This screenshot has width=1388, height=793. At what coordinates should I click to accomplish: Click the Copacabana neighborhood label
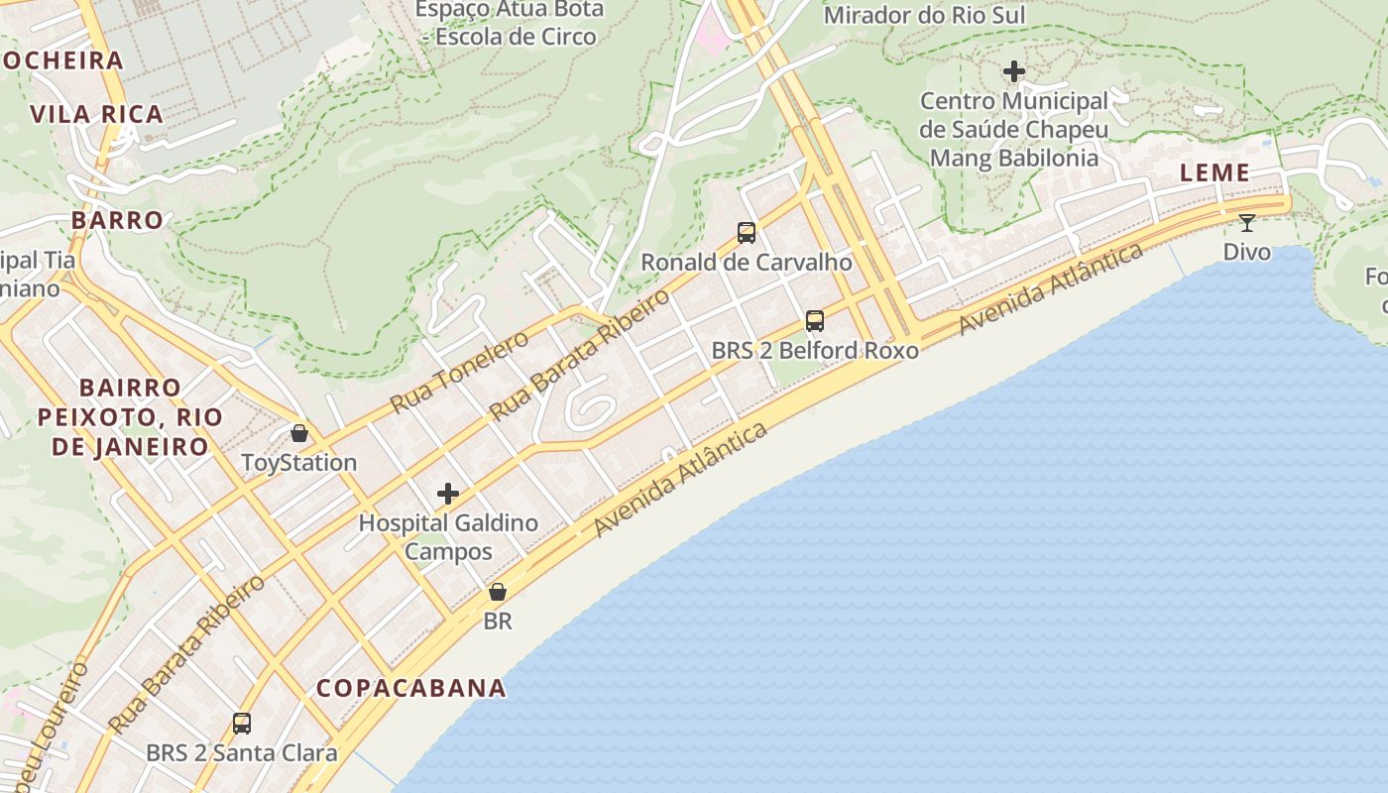[411, 688]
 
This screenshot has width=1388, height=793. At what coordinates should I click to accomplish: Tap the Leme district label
[1214, 172]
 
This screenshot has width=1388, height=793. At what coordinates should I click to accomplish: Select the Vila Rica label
[97, 114]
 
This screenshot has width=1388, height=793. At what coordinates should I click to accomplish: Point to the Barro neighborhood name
[117, 220]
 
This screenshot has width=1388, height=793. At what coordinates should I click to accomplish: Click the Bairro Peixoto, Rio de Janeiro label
[130, 416]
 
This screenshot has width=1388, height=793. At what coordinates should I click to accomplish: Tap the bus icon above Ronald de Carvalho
[747, 233]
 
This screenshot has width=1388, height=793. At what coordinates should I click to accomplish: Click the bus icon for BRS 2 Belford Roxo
[815, 321]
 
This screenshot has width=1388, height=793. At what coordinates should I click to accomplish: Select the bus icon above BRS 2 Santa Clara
[242, 724]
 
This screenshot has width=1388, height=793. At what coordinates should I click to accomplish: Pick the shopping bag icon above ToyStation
[299, 433]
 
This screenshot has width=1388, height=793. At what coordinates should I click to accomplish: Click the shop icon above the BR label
[498, 592]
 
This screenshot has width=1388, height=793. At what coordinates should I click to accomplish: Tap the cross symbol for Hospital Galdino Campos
[448, 493]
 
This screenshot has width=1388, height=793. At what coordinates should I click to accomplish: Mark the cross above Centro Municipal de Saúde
[1013, 71]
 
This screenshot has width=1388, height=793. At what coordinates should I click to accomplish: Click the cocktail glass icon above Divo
[1247, 222]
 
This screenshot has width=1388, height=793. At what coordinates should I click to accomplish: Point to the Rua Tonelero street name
[459, 372]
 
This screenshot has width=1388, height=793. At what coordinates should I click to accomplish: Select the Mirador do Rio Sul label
[924, 15]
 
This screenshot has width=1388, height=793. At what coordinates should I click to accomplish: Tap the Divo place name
[1247, 252]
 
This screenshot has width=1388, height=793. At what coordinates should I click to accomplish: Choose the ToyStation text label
[299, 463]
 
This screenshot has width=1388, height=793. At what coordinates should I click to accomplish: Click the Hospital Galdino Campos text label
[448, 536]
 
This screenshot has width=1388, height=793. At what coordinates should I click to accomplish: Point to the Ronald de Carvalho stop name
[747, 263]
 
